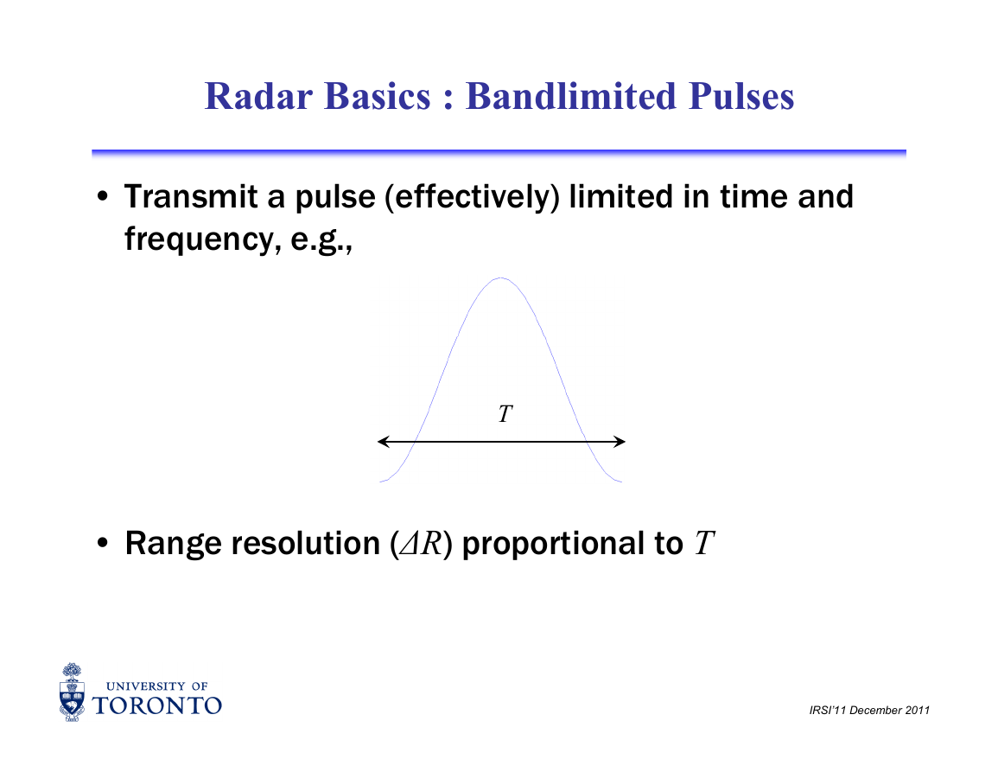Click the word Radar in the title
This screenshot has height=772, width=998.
coord(258,96)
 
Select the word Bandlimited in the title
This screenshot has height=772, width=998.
coord(570,96)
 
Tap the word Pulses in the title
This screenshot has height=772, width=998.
coord(741,96)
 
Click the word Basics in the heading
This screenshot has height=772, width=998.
coord(377,96)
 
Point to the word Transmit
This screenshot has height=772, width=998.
coord(191,196)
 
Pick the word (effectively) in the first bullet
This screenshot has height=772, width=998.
coord(472,197)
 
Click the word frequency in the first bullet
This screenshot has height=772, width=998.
coord(202,239)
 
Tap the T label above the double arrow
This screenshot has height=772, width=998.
coord(505,414)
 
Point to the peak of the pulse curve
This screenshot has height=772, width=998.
coord(501,278)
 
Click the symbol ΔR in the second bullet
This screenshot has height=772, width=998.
coord(421,543)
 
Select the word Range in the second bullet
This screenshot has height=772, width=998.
coord(173,544)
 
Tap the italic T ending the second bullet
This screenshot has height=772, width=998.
coord(704,543)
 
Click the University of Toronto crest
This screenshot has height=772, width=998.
coord(72,692)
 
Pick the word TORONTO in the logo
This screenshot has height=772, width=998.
coord(157,705)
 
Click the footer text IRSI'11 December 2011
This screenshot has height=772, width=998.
coord(869,711)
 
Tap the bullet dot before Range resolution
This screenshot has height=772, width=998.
coord(103,543)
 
